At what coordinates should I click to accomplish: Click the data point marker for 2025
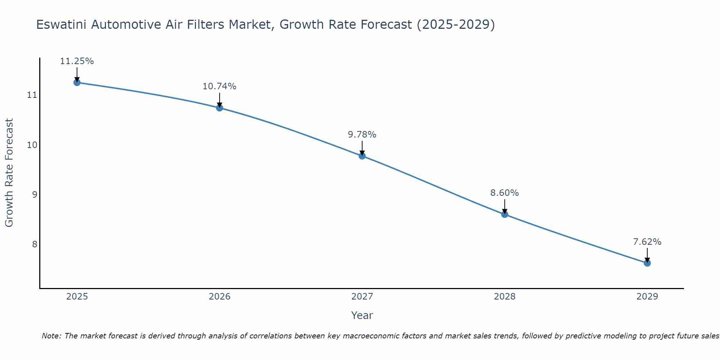coord(77,82)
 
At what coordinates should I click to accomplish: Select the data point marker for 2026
coord(220,108)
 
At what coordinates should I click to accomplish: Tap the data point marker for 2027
coord(362,156)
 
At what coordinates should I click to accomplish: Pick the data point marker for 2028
coord(505,214)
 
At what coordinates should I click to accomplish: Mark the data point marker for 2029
coord(647,263)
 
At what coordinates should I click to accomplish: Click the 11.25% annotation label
coord(77,61)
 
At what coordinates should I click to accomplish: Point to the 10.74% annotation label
coord(220,86)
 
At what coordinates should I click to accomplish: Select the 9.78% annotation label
coord(362,135)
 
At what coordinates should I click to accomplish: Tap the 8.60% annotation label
coord(505,193)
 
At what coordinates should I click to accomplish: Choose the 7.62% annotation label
coord(647,242)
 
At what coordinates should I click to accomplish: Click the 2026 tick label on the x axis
coord(220,297)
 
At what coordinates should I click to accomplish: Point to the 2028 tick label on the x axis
coord(505,297)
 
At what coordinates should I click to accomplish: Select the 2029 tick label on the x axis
coord(647,297)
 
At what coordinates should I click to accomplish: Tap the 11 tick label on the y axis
coord(32,95)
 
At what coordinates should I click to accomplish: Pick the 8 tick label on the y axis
coord(35,244)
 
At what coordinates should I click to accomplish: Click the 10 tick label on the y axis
coord(32,145)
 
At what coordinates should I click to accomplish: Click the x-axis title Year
coord(362,315)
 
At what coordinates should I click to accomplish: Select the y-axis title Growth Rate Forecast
coord(9,173)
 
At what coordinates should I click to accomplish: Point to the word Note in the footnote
coord(51,336)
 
